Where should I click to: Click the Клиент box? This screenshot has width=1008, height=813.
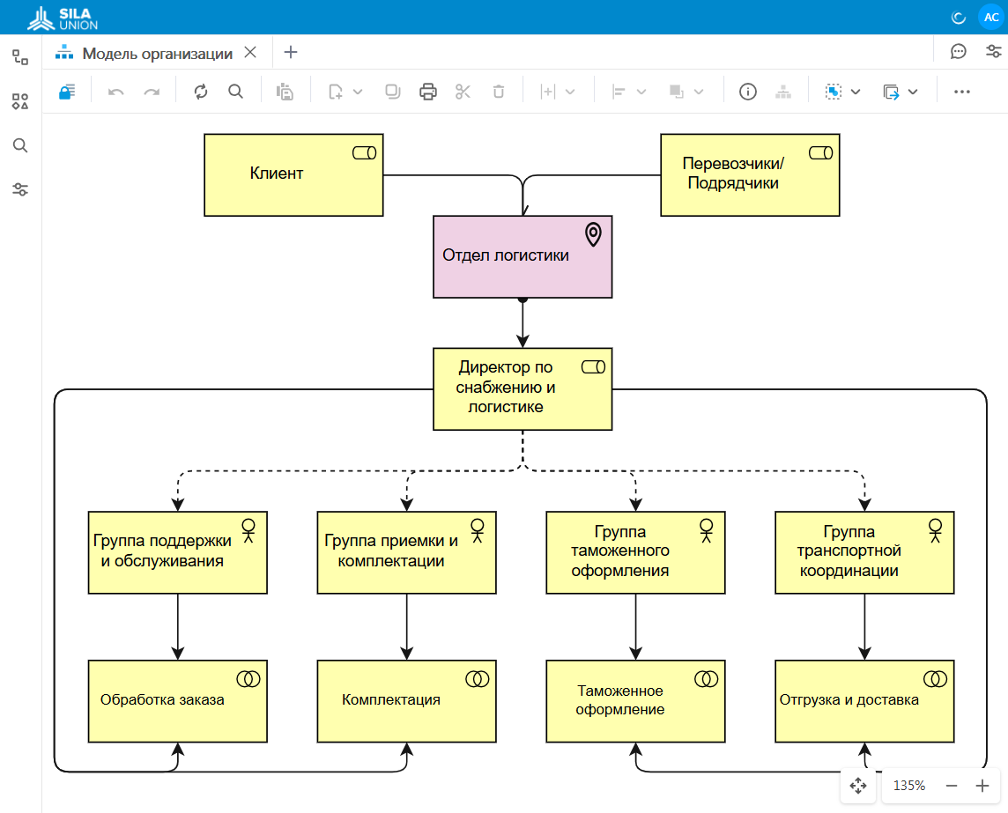[x=293, y=174]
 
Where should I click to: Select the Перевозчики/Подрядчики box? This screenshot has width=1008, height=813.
[x=750, y=174]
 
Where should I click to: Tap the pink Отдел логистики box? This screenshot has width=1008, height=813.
[x=522, y=256]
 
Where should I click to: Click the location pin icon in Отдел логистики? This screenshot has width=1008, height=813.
[x=593, y=234]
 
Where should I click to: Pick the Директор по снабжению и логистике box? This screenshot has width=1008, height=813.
[x=522, y=388]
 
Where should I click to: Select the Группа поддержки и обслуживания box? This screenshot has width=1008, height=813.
[x=177, y=552]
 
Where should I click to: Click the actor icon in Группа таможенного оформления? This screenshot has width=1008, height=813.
[x=706, y=530]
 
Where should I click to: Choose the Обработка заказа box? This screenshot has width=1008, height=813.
[x=177, y=700]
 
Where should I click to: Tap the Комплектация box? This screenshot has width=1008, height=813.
[x=406, y=700]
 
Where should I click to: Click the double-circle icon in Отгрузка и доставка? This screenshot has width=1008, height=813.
[x=935, y=679]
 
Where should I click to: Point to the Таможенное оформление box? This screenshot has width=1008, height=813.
[x=635, y=700]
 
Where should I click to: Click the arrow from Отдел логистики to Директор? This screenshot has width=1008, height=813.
[x=523, y=322]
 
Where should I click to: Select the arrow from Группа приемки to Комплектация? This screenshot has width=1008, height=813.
[x=406, y=626]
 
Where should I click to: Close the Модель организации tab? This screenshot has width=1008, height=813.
[x=250, y=52]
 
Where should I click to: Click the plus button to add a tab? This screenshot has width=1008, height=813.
[x=291, y=52]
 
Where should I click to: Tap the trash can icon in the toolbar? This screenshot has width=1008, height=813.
[x=498, y=92]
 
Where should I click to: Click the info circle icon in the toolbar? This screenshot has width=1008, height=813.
[x=748, y=92]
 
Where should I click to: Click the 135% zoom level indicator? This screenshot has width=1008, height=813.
[x=909, y=786]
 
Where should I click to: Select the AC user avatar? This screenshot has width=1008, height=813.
[x=991, y=18]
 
